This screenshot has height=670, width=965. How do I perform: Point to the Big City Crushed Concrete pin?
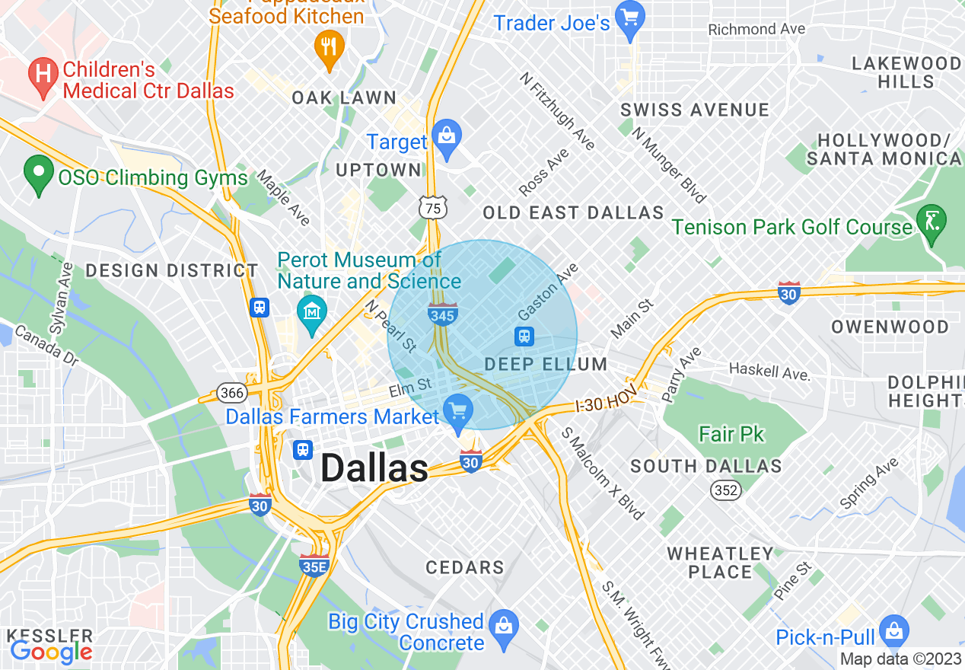pos(503,625)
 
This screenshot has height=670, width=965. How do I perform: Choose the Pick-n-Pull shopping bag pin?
pos(893,631)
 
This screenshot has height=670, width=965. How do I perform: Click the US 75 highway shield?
pos(432,208)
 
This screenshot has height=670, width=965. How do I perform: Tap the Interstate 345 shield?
pos(442,313)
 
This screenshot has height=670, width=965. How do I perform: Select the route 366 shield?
pos(231,393)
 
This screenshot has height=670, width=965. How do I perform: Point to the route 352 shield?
pos(726,490)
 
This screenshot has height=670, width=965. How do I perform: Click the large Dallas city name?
pos(374,468)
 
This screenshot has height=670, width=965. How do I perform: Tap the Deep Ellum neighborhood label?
pos(546,364)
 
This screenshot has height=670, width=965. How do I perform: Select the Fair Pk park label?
pos(732,434)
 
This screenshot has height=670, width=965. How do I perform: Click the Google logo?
pos(51,651)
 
